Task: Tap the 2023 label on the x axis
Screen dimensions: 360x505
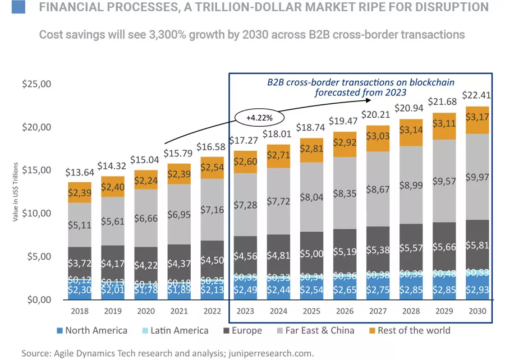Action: pyautogui.click(x=246, y=312)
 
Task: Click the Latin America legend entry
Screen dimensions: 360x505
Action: pyautogui.click(x=171, y=331)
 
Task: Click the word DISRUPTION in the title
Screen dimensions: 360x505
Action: pyautogui.click(x=448, y=8)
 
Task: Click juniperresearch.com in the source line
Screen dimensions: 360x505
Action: pyautogui.click(x=272, y=353)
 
